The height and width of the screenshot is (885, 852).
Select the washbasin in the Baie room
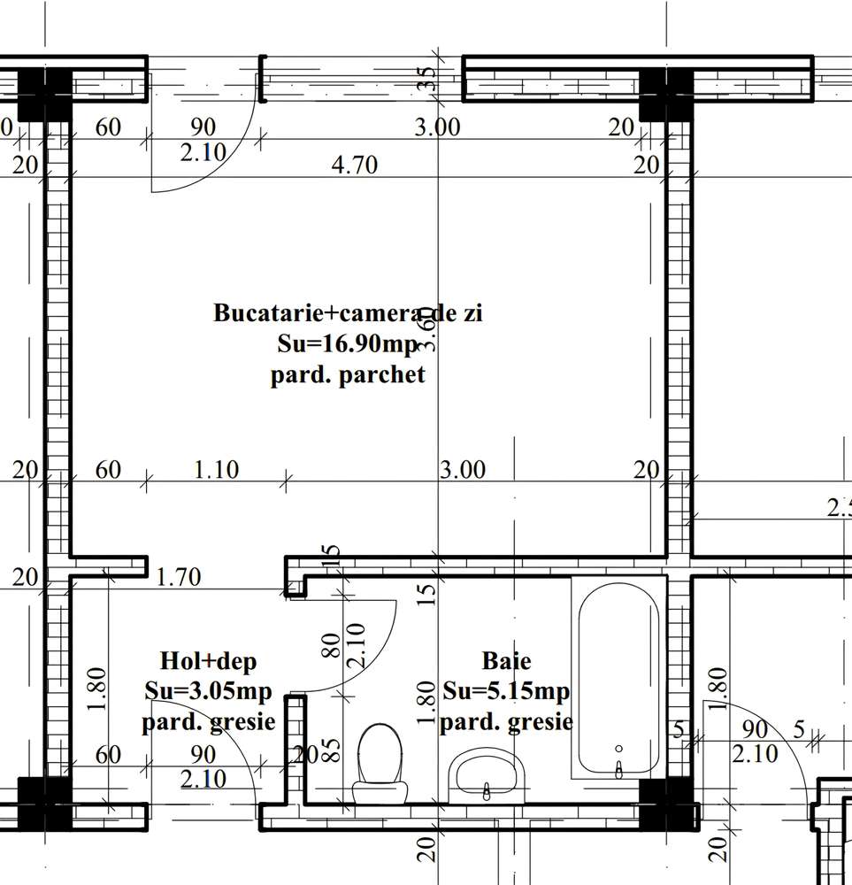[x=487, y=776]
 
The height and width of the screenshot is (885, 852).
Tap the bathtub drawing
[x=618, y=677]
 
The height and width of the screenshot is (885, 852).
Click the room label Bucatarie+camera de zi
[x=348, y=313]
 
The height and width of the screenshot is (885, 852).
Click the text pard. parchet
[x=348, y=374]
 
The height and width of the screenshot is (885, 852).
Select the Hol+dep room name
[x=208, y=661]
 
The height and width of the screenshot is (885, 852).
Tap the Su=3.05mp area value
[x=208, y=691]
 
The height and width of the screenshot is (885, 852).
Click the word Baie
[x=506, y=660]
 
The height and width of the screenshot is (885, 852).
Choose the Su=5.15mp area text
[x=506, y=691]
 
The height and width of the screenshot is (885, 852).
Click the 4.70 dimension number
[x=354, y=165]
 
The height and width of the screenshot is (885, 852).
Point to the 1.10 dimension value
[x=215, y=469]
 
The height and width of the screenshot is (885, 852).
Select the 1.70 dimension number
[x=178, y=579]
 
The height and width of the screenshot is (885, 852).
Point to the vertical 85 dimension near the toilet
[x=331, y=752]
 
